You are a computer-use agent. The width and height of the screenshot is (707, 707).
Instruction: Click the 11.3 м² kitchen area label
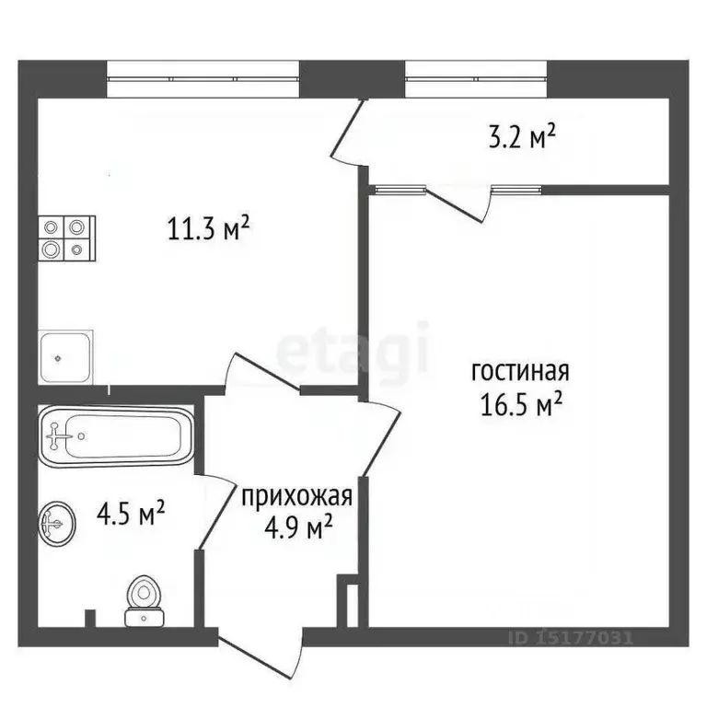coord(210,229)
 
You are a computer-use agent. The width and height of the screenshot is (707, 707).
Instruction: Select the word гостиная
coord(521,372)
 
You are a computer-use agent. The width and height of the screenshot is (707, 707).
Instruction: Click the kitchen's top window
coord(203,78)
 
